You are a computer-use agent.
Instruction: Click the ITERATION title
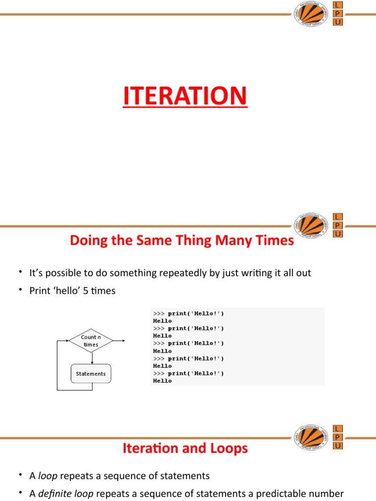[185, 96]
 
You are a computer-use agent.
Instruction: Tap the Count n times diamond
[91, 341]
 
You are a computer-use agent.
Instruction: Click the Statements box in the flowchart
[91, 374]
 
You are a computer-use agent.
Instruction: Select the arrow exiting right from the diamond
[120, 341]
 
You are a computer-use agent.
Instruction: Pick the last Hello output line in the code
[163, 381]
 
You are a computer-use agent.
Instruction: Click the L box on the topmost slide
[337, 5]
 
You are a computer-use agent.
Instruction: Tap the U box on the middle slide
[337, 234]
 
